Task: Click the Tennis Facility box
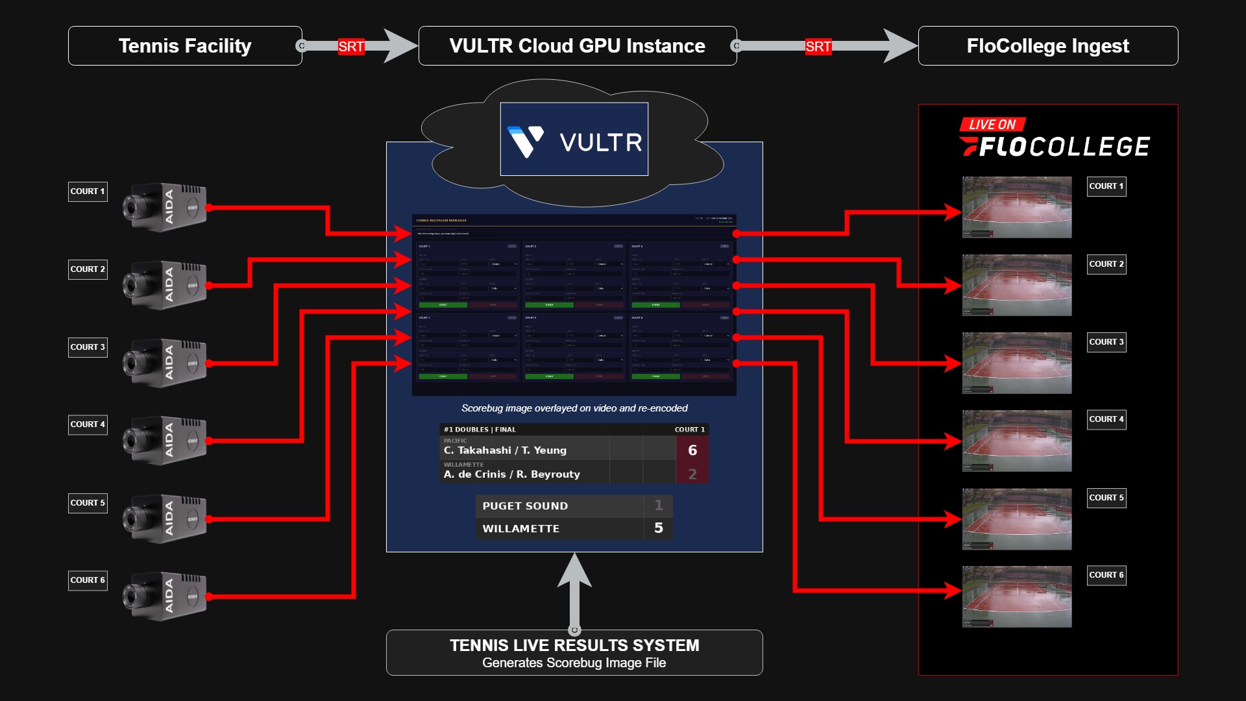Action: click(185, 46)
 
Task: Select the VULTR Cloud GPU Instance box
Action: click(577, 46)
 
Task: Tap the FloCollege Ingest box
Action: click(1047, 46)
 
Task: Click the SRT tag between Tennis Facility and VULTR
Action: click(350, 47)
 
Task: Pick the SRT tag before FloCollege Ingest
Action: click(818, 47)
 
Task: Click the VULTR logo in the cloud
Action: click(574, 140)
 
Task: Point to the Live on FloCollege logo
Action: click(1054, 138)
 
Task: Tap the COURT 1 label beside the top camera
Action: click(88, 191)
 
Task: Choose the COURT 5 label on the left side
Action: click(88, 503)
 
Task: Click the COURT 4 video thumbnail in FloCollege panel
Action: click(1016, 441)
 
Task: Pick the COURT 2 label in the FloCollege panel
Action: click(1106, 264)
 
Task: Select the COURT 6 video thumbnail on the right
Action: click(1016, 596)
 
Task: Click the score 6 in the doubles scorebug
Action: click(692, 450)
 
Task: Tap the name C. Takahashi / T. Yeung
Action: click(505, 450)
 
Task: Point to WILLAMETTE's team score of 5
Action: click(658, 528)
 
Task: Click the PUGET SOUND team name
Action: click(525, 506)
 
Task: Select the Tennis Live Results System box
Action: click(574, 653)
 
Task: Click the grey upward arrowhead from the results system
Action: click(574, 571)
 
